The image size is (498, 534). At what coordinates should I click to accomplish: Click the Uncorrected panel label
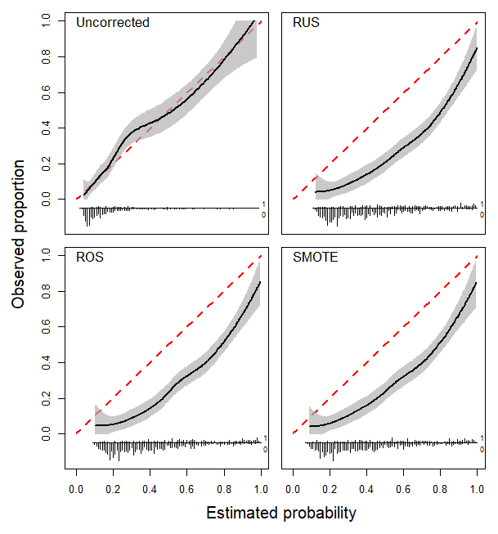coord(113,23)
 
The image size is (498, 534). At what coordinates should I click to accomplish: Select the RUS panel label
coord(306,23)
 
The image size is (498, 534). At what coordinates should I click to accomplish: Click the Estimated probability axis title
coord(280,514)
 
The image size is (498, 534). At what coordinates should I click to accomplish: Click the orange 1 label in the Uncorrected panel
coord(263,204)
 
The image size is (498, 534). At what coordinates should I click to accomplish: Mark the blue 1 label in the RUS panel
coord(482,204)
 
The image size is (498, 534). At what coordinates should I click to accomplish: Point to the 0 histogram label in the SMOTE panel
coord(482,449)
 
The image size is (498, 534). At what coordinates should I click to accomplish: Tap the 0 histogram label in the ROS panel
coord(264,449)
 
